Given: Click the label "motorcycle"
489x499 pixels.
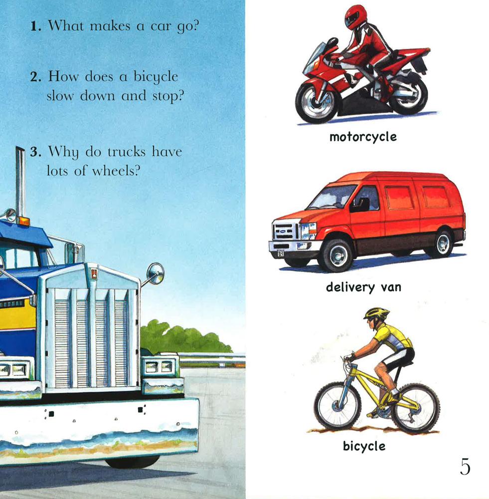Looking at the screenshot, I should (363, 136).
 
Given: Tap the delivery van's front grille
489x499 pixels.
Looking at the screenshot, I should (285, 233).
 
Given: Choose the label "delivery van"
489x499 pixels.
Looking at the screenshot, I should (363, 287).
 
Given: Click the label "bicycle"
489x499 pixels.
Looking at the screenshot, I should (364, 446).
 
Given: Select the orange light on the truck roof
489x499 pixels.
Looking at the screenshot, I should (23, 220).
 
